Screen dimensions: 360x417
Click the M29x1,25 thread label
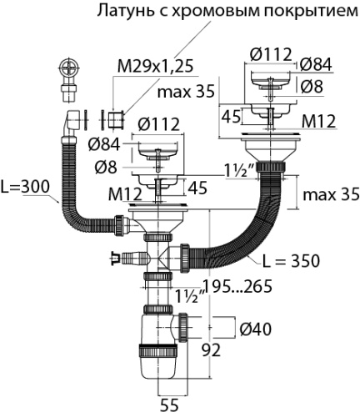155,67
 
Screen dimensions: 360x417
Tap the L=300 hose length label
24,187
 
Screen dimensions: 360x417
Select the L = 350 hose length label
291,261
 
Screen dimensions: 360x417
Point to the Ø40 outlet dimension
255,329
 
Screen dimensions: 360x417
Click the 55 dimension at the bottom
169,405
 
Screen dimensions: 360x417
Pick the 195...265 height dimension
237,286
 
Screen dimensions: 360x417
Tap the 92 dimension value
211,350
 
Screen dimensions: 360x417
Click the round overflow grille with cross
69,68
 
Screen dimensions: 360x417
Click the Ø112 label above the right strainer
271,54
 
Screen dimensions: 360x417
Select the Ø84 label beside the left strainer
104,144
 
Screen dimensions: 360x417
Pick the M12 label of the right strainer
318,122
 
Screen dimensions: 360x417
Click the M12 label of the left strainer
125,194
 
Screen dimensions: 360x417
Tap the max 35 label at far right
331,194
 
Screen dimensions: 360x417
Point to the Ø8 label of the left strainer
106,168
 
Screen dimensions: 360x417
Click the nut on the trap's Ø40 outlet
182,328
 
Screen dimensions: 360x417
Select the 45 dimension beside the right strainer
231,117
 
